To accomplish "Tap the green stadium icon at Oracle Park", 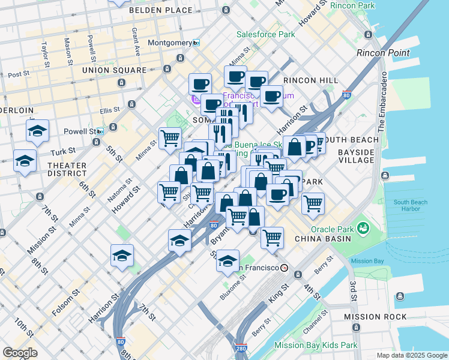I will (x=363, y=228).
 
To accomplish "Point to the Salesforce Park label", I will (x=265, y=34).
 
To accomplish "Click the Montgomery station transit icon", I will (x=196, y=43).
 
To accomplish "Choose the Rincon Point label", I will (x=382, y=53).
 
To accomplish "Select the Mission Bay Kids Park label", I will (x=316, y=345).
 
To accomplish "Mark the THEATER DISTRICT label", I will (x=67, y=170).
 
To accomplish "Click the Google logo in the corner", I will (x=20, y=353).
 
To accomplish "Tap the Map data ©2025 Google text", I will (x=411, y=355).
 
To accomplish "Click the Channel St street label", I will (x=315, y=317).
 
